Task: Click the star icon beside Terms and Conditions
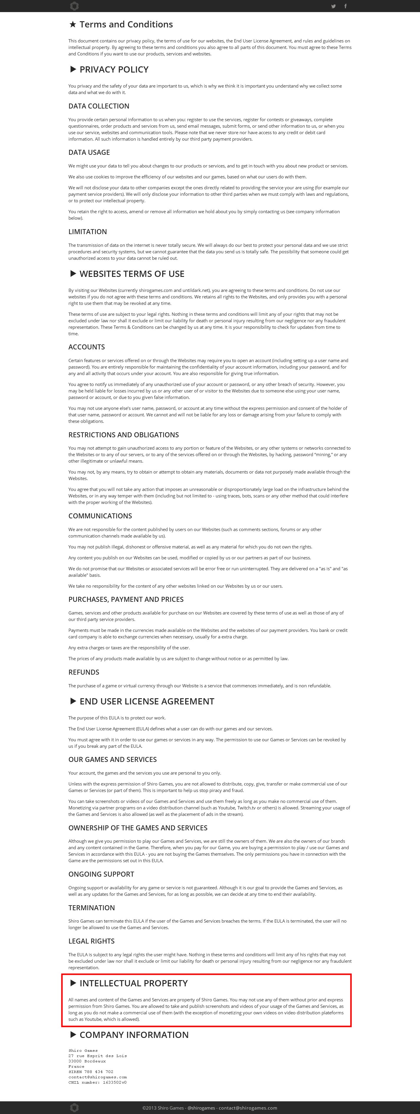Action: tap(73, 25)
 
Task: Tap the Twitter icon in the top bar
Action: tap(333, 6)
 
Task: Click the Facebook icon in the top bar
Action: tap(345, 6)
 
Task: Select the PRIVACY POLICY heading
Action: tap(114, 70)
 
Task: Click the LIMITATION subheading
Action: tap(87, 232)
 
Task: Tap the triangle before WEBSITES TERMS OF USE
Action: tap(73, 274)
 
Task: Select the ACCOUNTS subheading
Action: tap(86, 347)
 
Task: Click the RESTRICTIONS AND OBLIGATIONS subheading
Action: tap(123, 435)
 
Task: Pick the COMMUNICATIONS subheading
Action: tap(100, 516)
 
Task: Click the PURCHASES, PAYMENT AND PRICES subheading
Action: tap(126, 599)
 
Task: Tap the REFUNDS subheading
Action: tap(83, 672)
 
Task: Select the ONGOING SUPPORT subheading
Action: tap(101, 874)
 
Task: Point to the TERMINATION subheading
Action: tap(91, 907)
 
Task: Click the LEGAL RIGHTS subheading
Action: tap(91, 941)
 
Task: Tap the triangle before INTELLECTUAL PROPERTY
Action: tap(73, 983)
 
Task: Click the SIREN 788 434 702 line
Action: tap(91, 1072)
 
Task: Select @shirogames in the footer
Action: tap(201, 1108)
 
